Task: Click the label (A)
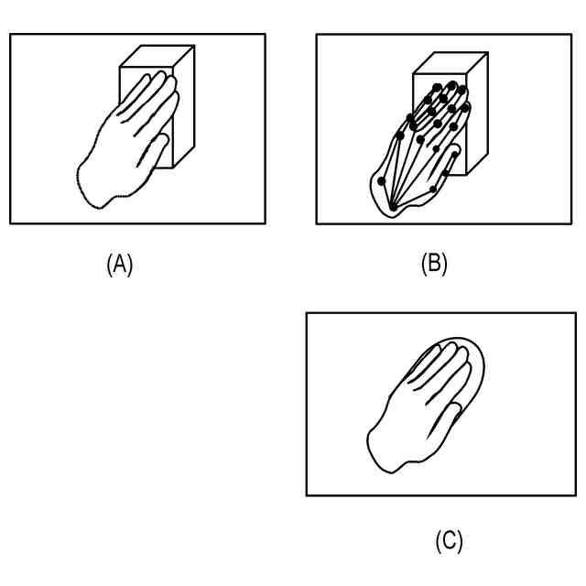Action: (x=120, y=265)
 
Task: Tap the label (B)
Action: (x=433, y=265)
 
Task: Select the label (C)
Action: (x=448, y=542)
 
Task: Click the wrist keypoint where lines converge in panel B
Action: (x=393, y=208)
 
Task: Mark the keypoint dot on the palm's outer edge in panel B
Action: (x=381, y=180)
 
